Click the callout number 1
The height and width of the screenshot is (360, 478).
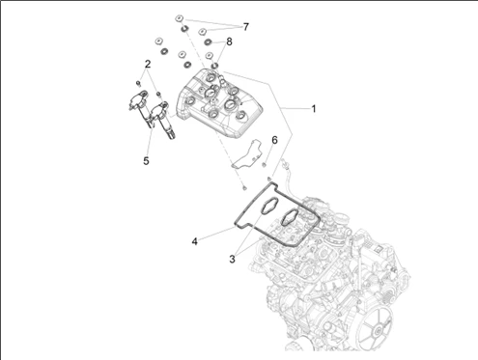point(314,109)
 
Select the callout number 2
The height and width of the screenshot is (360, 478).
point(148,64)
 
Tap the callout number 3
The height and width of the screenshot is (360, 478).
point(233,259)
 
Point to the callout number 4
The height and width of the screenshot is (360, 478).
point(195,241)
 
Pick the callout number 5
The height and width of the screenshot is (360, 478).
point(146,160)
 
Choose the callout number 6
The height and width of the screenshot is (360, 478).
point(274,140)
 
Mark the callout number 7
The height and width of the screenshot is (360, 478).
point(246,27)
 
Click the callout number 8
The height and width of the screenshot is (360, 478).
point(229,42)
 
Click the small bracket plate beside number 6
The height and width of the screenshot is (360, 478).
point(247,153)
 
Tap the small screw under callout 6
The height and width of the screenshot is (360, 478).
point(265,165)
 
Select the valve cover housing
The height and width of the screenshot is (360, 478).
point(219,103)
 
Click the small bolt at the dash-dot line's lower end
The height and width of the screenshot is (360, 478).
point(244,187)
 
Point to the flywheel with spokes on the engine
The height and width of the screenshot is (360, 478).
point(376,327)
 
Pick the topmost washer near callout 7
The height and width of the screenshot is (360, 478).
point(179,18)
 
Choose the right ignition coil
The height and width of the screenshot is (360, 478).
point(163,120)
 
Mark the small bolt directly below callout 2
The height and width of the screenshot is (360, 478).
point(139,84)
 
